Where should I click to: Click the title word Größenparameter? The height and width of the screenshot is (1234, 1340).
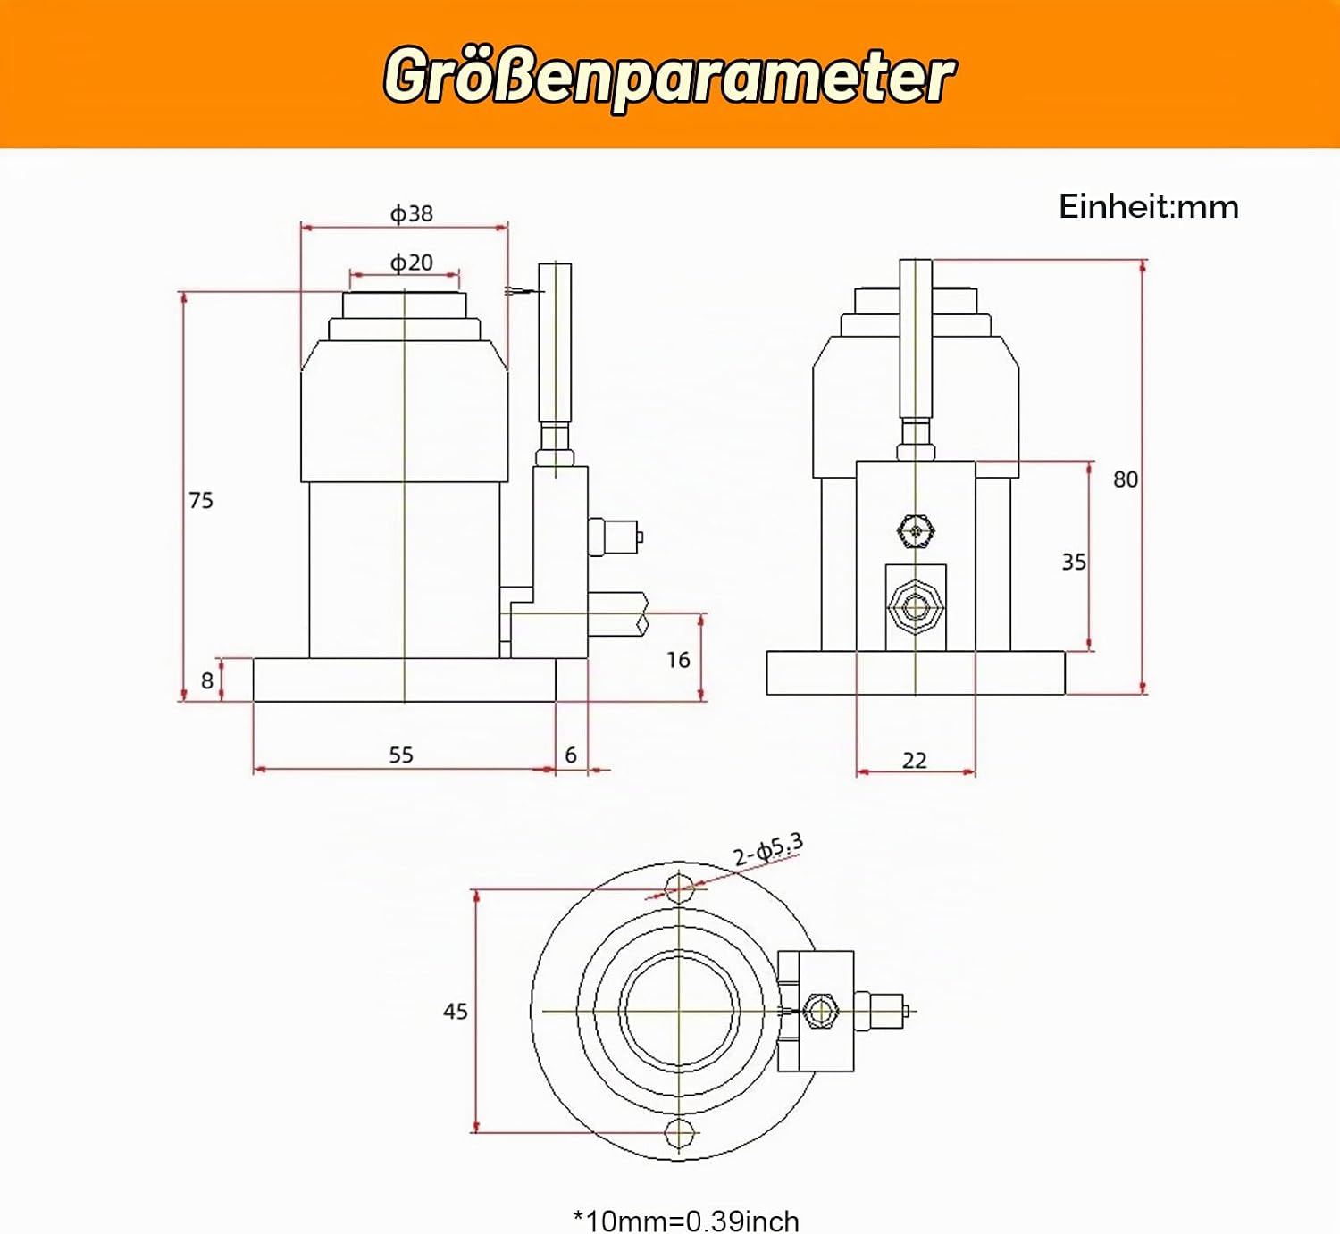coord(670,76)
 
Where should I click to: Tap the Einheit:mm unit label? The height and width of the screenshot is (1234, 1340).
coord(1148,207)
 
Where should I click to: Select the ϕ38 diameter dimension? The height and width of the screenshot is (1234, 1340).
coord(412,213)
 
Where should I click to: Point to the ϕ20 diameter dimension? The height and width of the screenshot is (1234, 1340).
coord(412,263)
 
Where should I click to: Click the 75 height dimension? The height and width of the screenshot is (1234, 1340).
coord(201,500)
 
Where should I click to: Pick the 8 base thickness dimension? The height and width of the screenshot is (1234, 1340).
coord(207,680)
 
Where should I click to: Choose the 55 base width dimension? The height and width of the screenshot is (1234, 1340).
coord(401,755)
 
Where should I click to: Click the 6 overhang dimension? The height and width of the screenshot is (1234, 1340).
coord(571,755)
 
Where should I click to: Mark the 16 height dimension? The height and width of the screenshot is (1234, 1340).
coord(678,661)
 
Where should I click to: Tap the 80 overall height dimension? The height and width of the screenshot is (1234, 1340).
coord(1126,479)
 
